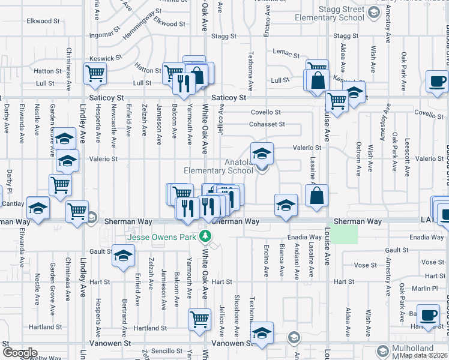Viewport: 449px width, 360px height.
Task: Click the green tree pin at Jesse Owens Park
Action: click(x=206, y=236)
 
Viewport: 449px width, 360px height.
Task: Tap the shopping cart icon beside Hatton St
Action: click(x=95, y=74)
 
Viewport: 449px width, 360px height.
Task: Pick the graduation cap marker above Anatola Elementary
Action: click(x=262, y=154)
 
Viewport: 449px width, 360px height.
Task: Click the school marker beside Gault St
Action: click(x=123, y=256)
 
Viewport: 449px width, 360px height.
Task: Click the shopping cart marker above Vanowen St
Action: click(x=200, y=319)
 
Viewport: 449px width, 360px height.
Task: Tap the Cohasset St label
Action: click(x=267, y=125)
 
